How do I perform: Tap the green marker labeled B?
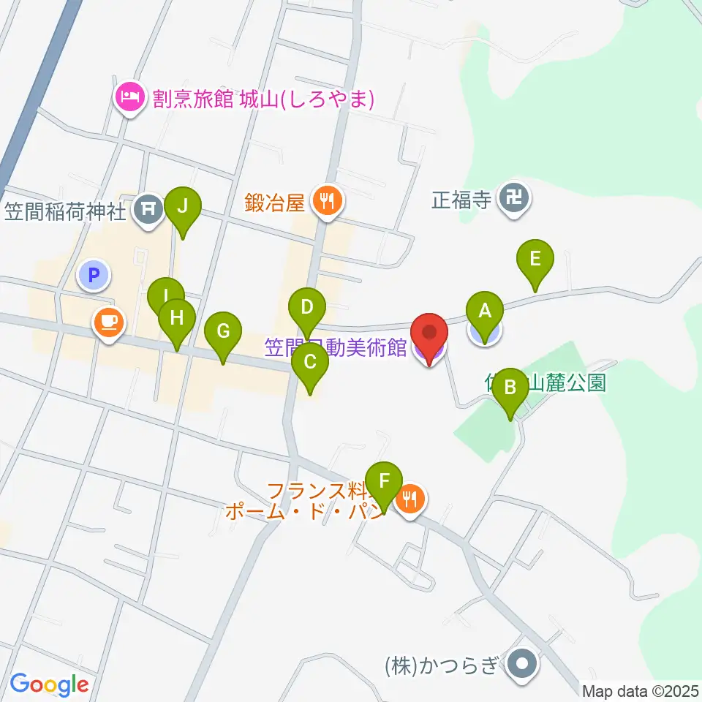(510, 386)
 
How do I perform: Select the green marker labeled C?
(310, 361)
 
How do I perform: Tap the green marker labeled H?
(176, 318)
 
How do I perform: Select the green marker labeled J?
(183, 206)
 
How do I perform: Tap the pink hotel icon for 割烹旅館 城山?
(130, 96)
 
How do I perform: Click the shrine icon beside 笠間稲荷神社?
(149, 209)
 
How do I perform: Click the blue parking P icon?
(93, 276)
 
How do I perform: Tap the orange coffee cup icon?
(109, 321)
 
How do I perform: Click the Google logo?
(49, 684)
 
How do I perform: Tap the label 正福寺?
(461, 200)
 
